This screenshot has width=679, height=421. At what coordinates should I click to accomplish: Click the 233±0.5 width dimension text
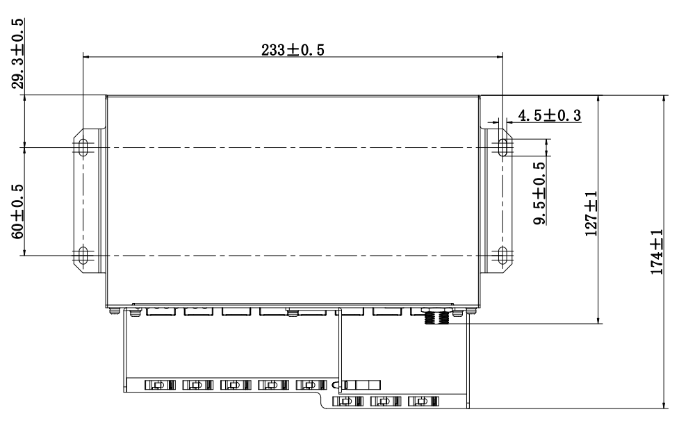click(x=293, y=50)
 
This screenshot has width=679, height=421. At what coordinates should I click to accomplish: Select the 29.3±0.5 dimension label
click(x=18, y=53)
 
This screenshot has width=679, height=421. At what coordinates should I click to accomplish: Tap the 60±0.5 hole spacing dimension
click(x=18, y=212)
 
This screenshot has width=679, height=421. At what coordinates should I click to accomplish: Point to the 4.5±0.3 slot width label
click(x=550, y=115)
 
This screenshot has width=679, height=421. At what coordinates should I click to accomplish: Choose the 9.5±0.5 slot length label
click(x=539, y=193)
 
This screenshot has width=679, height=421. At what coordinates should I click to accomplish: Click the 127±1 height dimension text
click(x=591, y=214)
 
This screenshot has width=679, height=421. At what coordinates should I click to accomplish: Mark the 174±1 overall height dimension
click(x=657, y=251)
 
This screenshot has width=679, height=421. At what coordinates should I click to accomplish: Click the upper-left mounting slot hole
click(x=83, y=147)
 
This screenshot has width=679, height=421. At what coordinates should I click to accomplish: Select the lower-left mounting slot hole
click(x=83, y=255)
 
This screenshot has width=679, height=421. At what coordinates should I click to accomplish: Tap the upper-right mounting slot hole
click(x=502, y=147)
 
